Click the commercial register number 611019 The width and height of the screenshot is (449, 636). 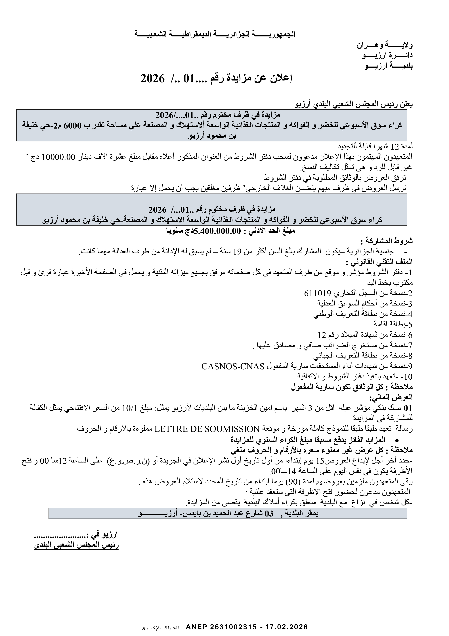(x=318, y=293)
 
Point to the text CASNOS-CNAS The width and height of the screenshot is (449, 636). (x=233, y=366)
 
